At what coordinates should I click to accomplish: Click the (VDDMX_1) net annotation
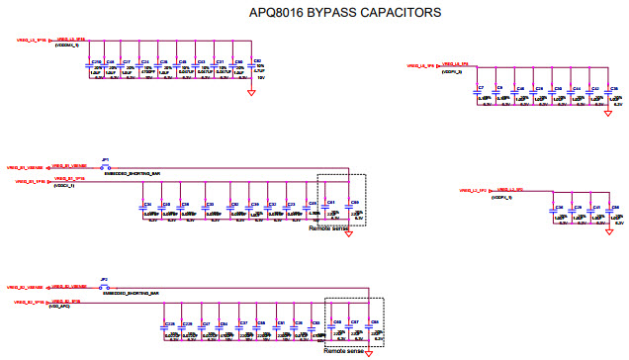coord(67,45)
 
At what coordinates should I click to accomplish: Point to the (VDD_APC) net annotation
coord(61,307)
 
